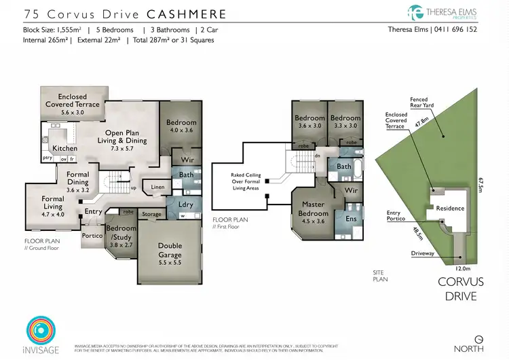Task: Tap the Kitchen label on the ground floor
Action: [64, 148]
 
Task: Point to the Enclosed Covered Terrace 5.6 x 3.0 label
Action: [73, 105]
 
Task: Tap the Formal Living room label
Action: [53, 202]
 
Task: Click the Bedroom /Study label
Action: [122, 232]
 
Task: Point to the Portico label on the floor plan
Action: [92, 236]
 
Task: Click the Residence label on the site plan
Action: [450, 209]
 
